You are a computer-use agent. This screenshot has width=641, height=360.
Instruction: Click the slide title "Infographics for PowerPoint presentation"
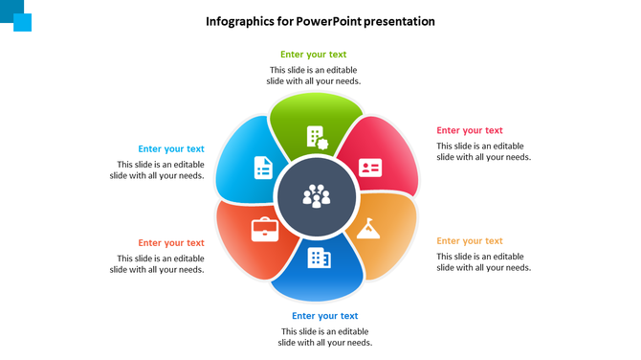[320, 21]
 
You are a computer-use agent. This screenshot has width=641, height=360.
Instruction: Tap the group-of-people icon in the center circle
[317, 197]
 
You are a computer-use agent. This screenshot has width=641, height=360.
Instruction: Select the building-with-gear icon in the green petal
[317, 137]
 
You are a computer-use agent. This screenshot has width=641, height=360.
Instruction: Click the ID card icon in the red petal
[370, 168]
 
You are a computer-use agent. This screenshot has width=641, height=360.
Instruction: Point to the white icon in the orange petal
[370, 229]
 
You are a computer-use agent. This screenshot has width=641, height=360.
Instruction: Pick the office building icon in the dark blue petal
[319, 258]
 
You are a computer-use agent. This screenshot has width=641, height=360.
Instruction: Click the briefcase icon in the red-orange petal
[263, 229]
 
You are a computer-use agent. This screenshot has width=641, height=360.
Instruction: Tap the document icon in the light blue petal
[263, 168]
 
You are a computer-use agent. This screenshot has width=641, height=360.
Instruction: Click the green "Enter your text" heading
[314, 55]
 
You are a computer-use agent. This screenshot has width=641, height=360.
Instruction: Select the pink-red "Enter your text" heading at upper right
[470, 130]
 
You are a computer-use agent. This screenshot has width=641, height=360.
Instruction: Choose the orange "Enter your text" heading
[470, 241]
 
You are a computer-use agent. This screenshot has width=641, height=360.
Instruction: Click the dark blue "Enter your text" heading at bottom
[325, 316]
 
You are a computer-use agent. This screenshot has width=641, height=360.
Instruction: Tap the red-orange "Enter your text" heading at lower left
[170, 243]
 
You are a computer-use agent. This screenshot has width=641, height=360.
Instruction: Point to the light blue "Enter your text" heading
[170, 148]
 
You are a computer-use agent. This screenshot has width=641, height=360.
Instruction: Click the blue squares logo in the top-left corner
[17, 17]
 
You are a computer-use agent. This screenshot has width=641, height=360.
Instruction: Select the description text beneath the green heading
[314, 76]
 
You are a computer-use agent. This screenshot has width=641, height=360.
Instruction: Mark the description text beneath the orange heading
[483, 262]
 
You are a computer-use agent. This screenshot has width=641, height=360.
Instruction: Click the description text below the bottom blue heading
[325, 337]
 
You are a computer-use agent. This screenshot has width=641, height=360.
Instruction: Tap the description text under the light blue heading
[157, 169]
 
